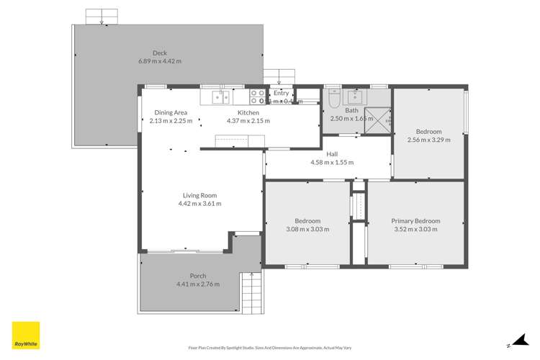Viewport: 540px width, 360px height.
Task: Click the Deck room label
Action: pyautogui.click(x=160, y=52)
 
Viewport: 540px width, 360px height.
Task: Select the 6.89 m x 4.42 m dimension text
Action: pyautogui.click(x=160, y=60)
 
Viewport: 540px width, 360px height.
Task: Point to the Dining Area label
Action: pyautogui.click(x=171, y=112)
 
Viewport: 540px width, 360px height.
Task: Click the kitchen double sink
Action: pyautogui.click(x=220, y=96)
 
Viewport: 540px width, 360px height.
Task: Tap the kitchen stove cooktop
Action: pyautogui.click(x=257, y=96)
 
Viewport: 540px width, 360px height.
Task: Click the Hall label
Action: pyautogui.click(x=332, y=154)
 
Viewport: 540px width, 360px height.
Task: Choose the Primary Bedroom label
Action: pyautogui.click(x=415, y=221)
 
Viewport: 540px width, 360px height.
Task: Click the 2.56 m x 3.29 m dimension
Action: pyautogui.click(x=433, y=140)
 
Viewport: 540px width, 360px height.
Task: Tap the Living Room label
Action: pyautogui.click(x=199, y=195)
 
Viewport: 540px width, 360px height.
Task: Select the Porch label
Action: pyautogui.click(x=198, y=276)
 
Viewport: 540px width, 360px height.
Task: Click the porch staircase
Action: pyautogui.click(x=252, y=294)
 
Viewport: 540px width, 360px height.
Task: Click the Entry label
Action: pyautogui.click(x=281, y=94)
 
